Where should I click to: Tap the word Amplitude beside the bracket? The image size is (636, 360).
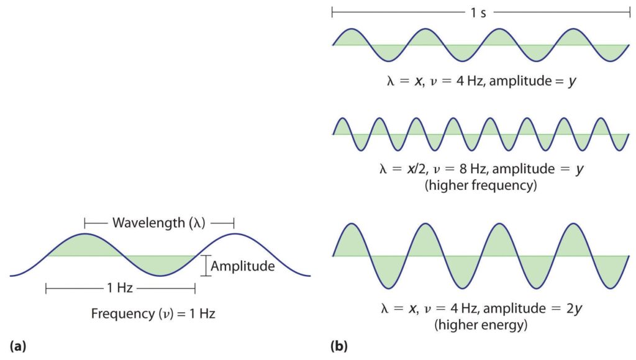click(243, 266)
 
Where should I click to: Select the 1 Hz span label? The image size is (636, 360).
click(120, 288)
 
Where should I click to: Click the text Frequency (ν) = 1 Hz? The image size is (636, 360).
click(153, 314)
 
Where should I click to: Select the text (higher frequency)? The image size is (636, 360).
click(480, 185)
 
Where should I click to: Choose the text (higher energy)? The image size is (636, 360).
click(481, 323)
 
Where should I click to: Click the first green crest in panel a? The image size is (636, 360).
click(85, 245)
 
